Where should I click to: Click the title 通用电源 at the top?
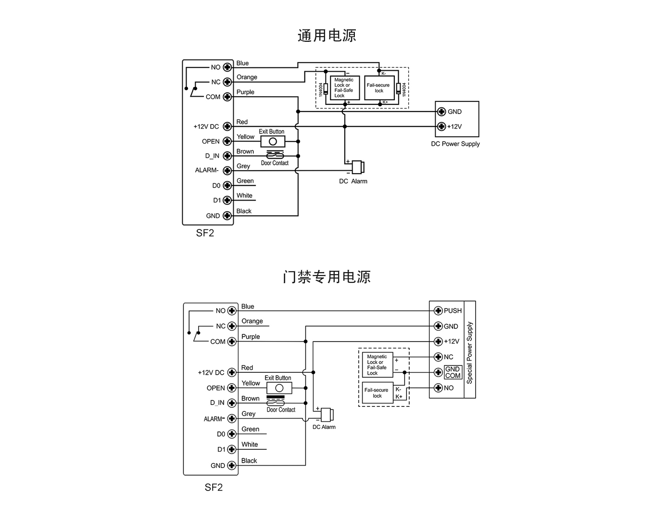327,36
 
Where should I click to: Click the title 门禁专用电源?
327,277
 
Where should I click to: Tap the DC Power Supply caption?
455,144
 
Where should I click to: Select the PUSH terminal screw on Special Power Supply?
438,311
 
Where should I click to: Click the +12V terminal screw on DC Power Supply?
441,126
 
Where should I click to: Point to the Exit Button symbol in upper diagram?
273,141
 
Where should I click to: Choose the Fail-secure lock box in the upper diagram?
379,88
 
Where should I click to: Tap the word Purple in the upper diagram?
245,92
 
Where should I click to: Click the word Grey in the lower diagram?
249,414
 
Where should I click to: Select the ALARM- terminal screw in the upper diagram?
227,171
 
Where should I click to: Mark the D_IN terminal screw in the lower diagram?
232,403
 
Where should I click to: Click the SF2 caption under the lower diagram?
214,487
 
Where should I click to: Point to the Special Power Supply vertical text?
470,352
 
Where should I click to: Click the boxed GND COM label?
453,372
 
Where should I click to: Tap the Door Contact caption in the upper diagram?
275,163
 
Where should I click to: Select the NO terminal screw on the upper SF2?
227,67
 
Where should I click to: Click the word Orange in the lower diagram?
252,321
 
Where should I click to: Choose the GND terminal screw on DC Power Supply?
441,112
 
